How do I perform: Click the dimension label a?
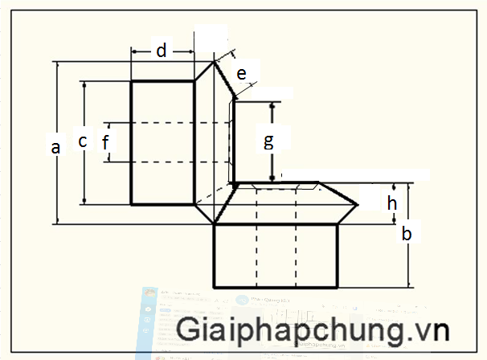coord(55,147)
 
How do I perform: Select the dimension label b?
coord(407,234)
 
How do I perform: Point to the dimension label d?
coord(162,51)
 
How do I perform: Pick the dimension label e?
coord(240,73)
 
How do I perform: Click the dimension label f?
coord(104,142)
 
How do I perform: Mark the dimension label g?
coord(269,141)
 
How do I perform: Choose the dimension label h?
coord(392,202)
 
